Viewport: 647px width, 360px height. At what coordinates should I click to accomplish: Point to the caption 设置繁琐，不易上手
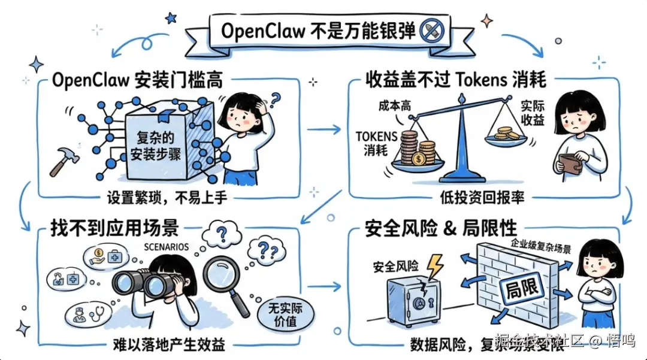click(x=167, y=198)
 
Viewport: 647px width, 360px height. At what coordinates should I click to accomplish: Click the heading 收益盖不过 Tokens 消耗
click(x=455, y=80)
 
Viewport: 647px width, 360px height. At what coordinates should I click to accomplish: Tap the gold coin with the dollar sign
click(x=417, y=159)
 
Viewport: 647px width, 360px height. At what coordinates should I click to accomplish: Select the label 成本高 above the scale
click(x=394, y=107)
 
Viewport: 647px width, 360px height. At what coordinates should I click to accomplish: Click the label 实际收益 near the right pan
click(x=532, y=112)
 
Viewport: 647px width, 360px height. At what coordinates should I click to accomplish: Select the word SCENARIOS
click(x=166, y=247)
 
